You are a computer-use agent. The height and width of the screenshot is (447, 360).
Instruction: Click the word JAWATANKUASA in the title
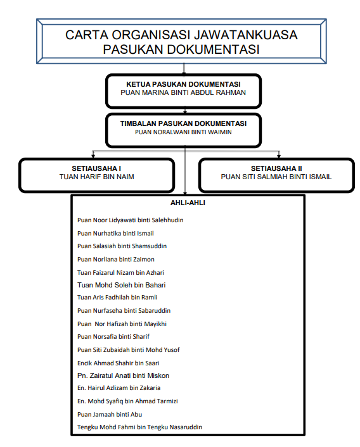[x=246, y=35]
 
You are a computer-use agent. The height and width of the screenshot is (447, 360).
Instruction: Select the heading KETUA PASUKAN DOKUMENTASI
[x=183, y=84]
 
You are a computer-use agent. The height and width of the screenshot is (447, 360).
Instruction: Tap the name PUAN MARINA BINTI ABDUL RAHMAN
[x=183, y=92]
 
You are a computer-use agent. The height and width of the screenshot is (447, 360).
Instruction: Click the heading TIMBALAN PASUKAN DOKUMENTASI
[x=183, y=123]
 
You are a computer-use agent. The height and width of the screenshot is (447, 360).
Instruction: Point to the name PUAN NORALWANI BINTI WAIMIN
[x=183, y=132]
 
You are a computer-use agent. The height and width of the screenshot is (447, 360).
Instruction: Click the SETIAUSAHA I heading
[x=96, y=168]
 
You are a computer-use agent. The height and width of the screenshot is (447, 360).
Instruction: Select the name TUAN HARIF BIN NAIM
[x=97, y=177]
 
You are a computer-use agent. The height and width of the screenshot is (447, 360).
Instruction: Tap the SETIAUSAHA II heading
[x=276, y=168]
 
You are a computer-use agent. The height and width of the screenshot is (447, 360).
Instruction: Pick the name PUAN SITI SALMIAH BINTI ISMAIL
[x=276, y=177]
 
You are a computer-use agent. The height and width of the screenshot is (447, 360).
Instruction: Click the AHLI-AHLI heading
[x=188, y=203]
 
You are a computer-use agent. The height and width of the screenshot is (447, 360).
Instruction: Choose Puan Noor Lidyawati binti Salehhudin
[x=131, y=220]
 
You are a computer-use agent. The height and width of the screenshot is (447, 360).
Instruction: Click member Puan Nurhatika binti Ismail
[x=115, y=234]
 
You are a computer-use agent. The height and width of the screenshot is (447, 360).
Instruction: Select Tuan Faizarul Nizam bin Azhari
[x=120, y=273]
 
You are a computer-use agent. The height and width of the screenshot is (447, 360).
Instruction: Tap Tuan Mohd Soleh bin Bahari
[x=122, y=285]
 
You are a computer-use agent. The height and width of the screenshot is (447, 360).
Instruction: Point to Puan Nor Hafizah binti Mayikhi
[x=122, y=324]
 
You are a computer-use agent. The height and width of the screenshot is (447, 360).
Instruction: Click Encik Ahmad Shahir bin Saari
[x=118, y=363]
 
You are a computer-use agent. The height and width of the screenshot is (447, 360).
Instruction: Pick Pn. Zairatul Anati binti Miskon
[x=123, y=375]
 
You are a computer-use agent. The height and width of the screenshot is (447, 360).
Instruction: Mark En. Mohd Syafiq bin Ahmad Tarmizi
[x=127, y=401]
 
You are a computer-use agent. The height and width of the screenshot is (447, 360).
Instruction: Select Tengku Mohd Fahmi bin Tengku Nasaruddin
[x=140, y=427]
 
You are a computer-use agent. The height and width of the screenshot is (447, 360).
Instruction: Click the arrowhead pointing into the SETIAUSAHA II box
[x=279, y=156]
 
